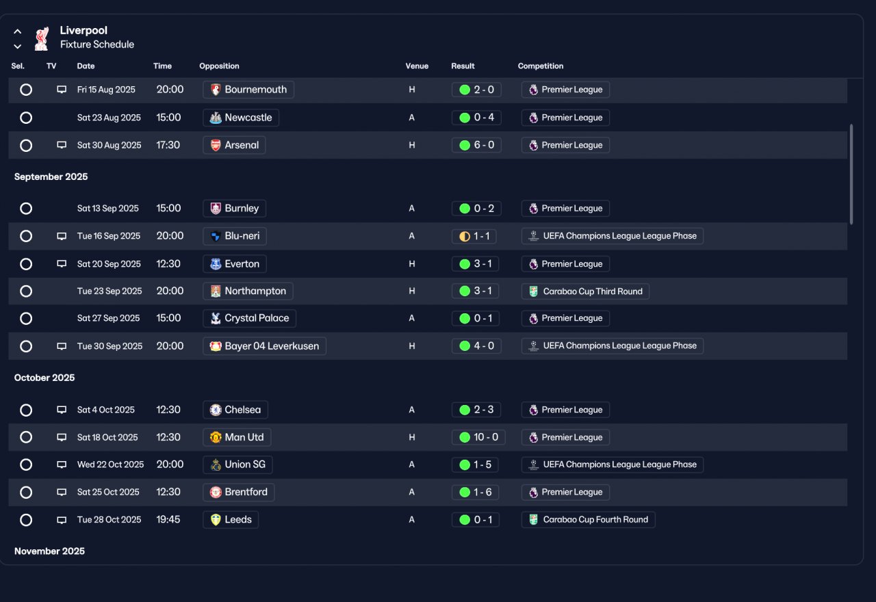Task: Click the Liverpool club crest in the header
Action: point(42,38)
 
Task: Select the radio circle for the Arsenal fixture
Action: point(26,146)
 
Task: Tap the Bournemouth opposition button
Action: point(248,90)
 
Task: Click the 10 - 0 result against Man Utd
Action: point(478,437)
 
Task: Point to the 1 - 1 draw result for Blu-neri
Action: point(474,236)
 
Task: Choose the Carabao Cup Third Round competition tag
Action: point(585,291)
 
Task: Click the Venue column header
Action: point(417,66)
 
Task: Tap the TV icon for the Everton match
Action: point(62,264)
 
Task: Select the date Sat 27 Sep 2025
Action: point(108,318)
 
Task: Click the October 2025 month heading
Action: point(44,378)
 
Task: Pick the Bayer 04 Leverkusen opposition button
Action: point(264,346)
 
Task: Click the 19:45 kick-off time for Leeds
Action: point(168,519)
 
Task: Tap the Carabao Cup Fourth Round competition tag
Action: point(588,519)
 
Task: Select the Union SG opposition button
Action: point(237,464)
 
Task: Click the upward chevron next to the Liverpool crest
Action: point(18,31)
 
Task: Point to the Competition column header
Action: point(541,66)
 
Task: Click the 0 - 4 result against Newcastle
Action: point(476,117)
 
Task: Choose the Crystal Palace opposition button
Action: point(250,318)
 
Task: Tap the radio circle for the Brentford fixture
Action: point(26,492)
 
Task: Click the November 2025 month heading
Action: point(50,551)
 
